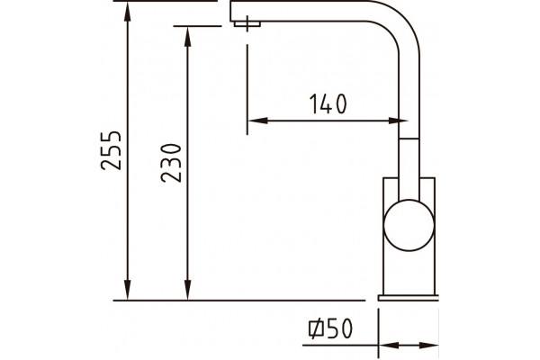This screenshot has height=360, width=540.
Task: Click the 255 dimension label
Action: [x=112, y=150]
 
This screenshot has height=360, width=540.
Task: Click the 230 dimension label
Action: [x=171, y=163]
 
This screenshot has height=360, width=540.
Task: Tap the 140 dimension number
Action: [x=328, y=103]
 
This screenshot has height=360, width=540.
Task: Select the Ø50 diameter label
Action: [x=330, y=328]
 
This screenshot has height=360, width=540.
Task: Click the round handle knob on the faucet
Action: [x=409, y=225]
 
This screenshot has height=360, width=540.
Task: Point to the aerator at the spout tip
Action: [x=247, y=23]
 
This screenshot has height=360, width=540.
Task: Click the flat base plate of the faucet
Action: [x=408, y=298]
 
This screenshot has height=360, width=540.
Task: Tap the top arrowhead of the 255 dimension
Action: [x=128, y=12]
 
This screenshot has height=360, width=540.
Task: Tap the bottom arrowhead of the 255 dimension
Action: [x=128, y=290]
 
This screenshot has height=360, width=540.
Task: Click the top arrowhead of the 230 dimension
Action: [x=188, y=37]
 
